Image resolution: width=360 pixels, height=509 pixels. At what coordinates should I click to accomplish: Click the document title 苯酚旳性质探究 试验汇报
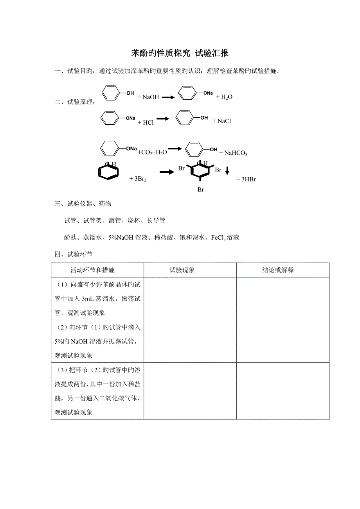coord(180,53)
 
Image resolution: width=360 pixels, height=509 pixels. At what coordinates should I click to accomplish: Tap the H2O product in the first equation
coord(224,97)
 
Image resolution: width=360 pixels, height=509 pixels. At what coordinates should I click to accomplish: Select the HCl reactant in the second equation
coord(146,122)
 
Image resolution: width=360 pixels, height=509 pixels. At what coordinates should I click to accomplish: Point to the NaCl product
coord(222,121)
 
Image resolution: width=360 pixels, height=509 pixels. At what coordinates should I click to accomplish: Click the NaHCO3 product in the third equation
coord(233,153)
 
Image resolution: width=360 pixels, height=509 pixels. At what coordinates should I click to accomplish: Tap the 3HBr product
coord(246,179)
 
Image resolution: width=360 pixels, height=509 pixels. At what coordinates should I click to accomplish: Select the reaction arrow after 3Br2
coord(166,172)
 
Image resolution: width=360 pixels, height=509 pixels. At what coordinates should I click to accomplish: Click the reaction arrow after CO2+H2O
coord(175,149)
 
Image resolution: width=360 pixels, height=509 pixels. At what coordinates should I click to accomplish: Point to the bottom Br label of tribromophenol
coord(200,190)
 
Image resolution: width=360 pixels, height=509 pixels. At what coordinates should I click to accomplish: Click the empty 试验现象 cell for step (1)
coord(190,299)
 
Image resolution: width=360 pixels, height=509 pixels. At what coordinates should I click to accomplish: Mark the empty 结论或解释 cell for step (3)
coord(283,391)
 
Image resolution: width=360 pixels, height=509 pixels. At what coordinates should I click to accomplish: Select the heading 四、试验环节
coord(74,254)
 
